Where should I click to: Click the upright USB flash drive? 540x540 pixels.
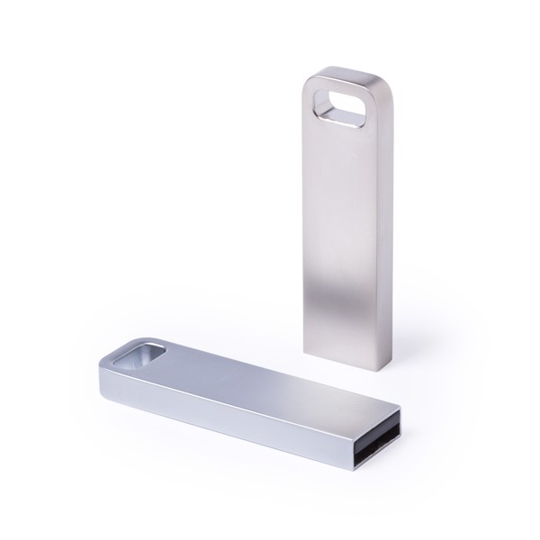click(x=346, y=225)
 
